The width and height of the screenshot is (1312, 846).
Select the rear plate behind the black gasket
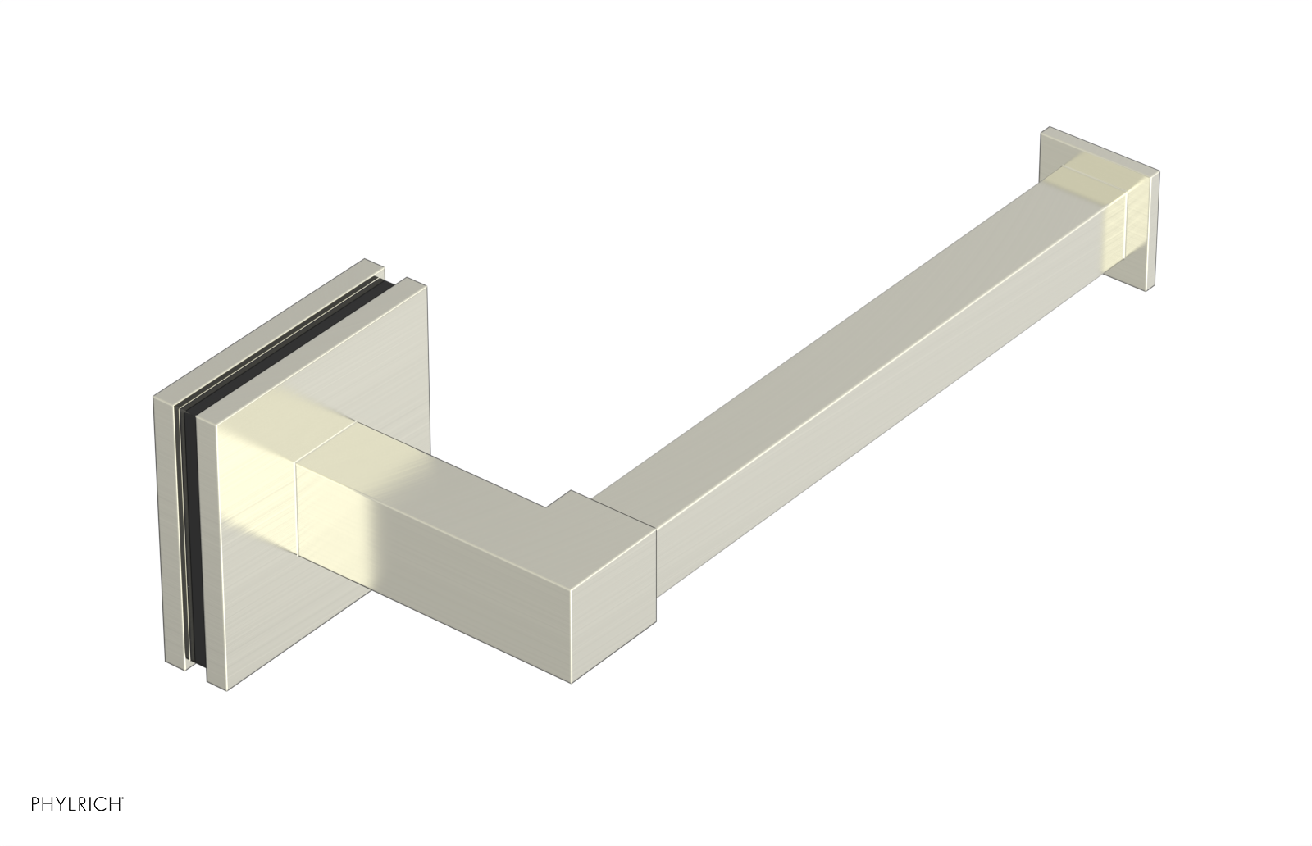(x=170, y=527)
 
